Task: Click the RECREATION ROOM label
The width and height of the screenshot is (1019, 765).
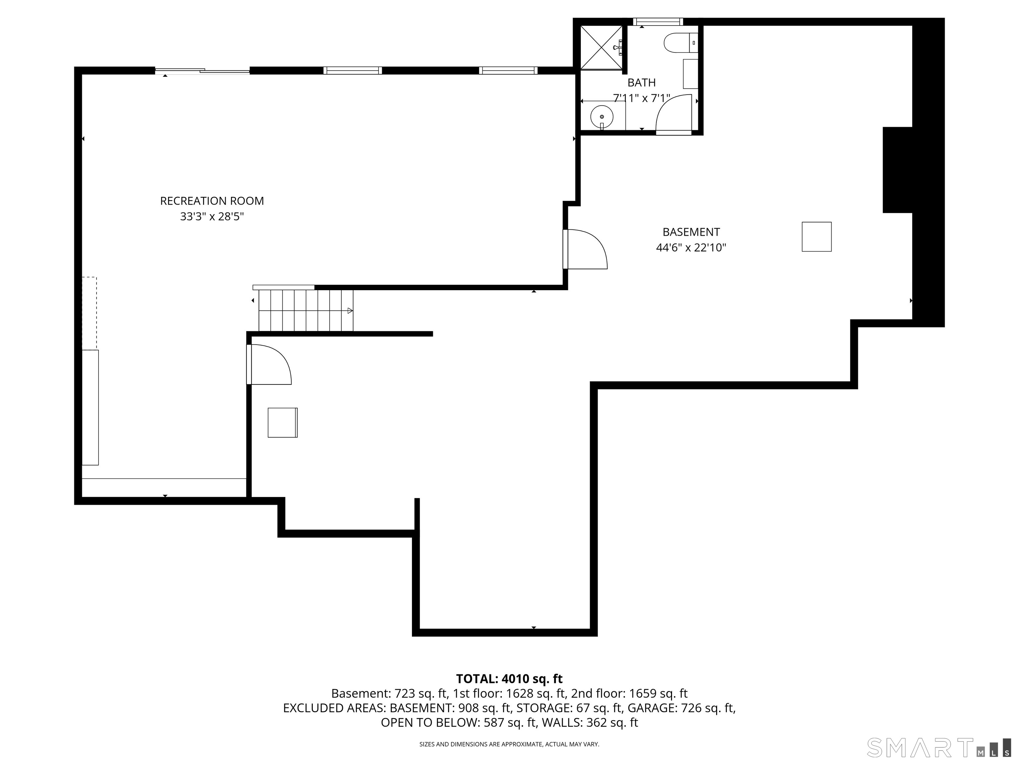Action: tap(212, 201)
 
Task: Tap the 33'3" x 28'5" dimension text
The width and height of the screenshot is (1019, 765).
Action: tap(212, 217)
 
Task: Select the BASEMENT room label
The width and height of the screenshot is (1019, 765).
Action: tap(691, 232)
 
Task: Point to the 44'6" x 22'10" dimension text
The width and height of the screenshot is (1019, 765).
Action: tap(691, 248)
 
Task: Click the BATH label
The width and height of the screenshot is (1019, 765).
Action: tap(641, 83)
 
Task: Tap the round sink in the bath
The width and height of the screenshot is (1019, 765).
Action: tap(602, 117)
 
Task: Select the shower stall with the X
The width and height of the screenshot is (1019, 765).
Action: tap(601, 48)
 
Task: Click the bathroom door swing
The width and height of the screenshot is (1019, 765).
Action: tap(673, 114)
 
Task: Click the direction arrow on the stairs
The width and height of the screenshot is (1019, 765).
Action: tap(350, 311)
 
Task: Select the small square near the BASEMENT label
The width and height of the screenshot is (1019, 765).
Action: tap(816, 236)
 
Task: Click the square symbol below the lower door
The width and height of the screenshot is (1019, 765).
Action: tap(282, 422)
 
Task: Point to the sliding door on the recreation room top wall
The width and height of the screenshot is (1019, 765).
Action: tap(203, 70)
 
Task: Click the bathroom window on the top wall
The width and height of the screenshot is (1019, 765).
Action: tap(657, 21)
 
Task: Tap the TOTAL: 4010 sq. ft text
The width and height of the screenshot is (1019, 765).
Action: tap(509, 679)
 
